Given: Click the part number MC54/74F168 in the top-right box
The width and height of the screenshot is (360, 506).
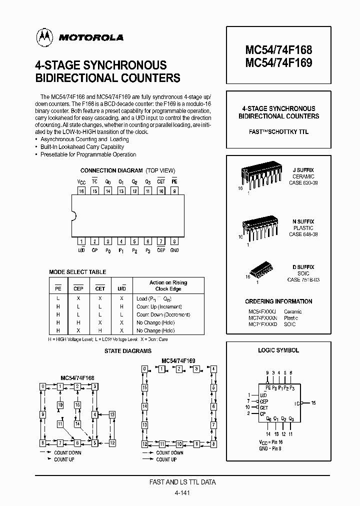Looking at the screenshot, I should coord(278,50).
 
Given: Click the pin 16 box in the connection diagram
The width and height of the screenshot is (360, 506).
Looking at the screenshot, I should coord(81,191).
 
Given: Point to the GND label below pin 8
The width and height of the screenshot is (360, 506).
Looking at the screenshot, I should coord(174,250).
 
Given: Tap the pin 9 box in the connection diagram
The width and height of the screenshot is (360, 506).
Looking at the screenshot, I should coord(174,191).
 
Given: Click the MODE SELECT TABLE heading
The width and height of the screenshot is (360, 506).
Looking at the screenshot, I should coord(77,272).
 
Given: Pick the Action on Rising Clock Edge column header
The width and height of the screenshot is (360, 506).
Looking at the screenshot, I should coord(168,285).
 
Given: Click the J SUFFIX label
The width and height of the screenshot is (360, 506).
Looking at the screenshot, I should coord(303,170).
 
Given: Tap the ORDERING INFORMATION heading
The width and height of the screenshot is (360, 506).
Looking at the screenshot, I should coord(278,301).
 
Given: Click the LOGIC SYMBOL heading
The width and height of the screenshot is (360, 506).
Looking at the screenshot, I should coord(278,350).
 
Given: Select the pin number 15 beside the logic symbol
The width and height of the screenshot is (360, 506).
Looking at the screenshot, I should coord(313,402).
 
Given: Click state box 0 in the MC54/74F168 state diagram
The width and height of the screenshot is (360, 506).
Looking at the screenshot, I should coord(43,386).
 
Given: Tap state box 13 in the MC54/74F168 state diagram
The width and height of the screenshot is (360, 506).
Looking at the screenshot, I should coord(112,414).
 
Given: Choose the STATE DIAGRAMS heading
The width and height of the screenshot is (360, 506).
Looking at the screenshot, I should coord(128,351).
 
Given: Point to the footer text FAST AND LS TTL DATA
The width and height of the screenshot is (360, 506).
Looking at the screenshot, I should coord(183,482).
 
